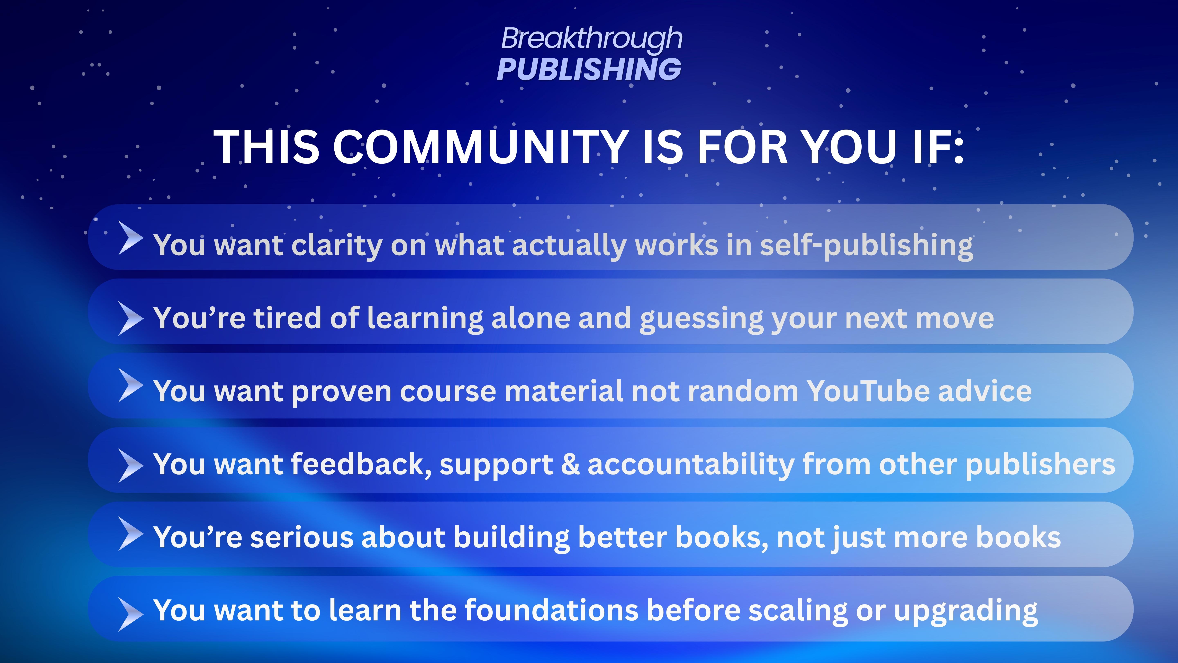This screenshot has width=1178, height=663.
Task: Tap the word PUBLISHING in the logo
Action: click(x=589, y=70)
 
